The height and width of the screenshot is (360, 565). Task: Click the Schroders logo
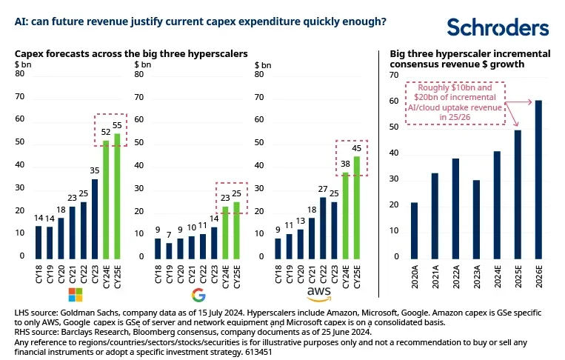pos(498,27)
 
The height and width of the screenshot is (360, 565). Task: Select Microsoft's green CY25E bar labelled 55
pos(117,196)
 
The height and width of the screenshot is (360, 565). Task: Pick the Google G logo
pos(198,296)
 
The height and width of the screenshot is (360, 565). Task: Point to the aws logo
pos(320,295)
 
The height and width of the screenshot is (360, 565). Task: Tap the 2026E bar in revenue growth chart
pos(538,179)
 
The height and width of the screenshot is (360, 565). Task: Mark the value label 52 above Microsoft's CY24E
pos(106,131)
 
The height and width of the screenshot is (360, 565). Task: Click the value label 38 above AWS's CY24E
pos(346,164)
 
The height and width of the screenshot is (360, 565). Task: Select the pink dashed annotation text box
pos(455,101)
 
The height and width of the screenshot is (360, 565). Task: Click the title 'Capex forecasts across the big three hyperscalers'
pos(131,54)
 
